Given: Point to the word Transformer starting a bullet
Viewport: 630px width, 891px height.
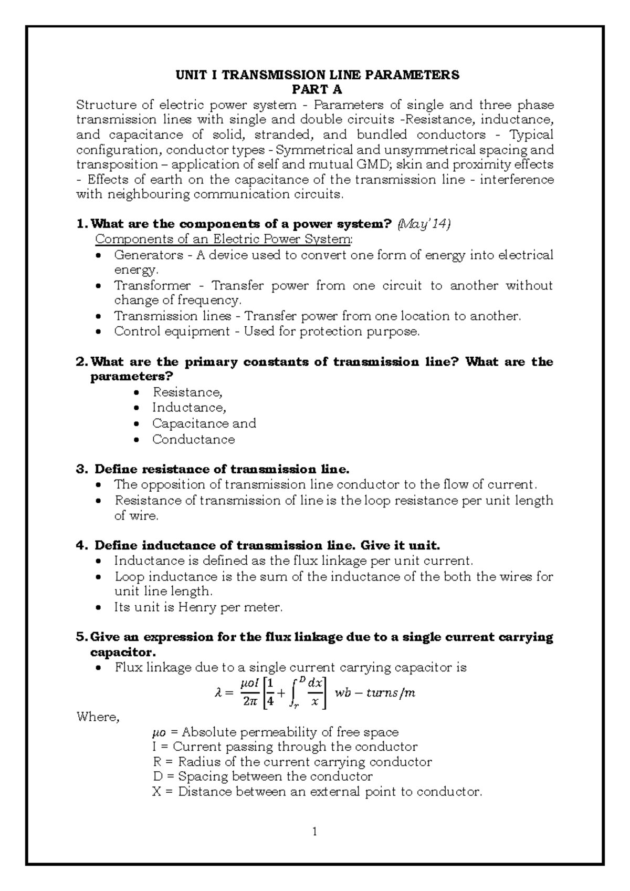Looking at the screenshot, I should pyautogui.click(x=152, y=286).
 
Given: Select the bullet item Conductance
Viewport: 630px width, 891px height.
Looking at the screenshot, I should pyautogui.click(x=193, y=439).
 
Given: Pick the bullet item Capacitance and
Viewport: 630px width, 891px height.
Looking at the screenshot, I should pyautogui.click(x=204, y=423).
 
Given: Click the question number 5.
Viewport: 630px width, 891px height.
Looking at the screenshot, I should pyautogui.click(x=80, y=637).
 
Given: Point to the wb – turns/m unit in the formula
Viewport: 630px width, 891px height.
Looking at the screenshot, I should pyautogui.click(x=375, y=693).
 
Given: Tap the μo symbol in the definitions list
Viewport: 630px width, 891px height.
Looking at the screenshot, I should pyautogui.click(x=157, y=732).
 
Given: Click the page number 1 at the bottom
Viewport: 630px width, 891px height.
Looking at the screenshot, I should pyautogui.click(x=314, y=832).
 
